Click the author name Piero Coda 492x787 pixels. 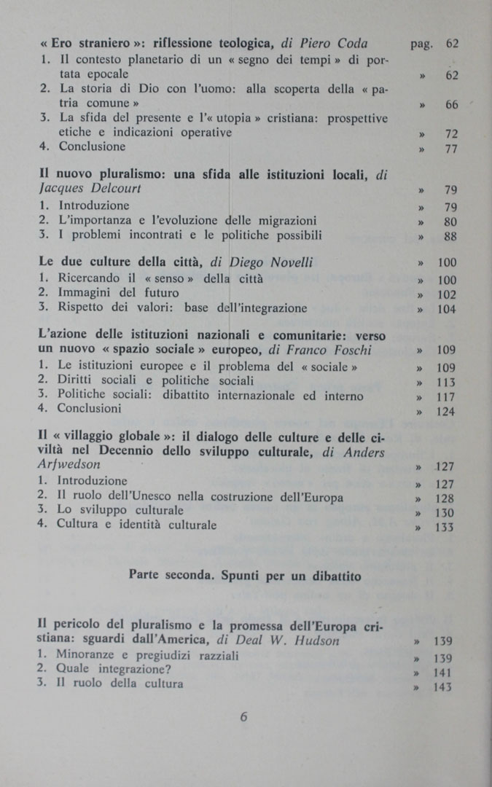[x=332, y=44]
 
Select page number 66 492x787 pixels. [x=451, y=105]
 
